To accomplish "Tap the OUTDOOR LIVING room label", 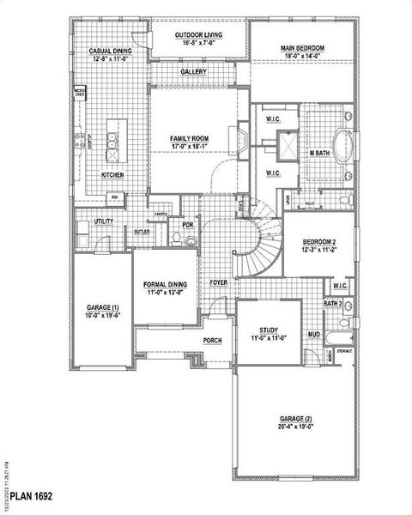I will pos(199,36).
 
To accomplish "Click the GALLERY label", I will pos(193,72).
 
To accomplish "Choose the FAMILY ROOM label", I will pos(190,138).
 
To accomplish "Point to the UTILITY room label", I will pos(104,221).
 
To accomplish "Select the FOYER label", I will pos(219,282).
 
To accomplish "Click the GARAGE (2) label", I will pos(294,419).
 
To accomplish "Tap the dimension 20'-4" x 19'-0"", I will pos(294,427).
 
